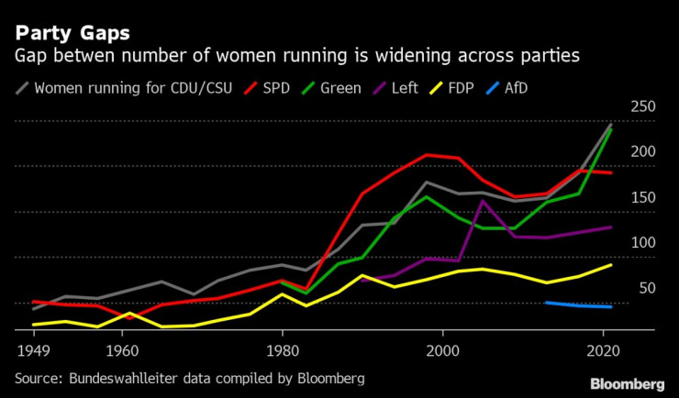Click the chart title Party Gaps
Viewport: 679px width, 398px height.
72,33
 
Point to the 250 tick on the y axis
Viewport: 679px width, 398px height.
642,107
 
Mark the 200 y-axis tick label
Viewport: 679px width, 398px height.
642,152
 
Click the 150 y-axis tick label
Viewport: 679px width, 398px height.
642,197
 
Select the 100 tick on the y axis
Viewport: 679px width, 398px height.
642,242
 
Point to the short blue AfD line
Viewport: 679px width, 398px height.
578,304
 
